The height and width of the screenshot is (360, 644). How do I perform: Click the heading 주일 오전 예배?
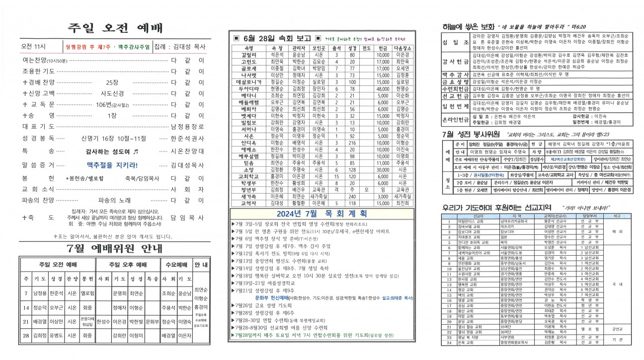point(115,28)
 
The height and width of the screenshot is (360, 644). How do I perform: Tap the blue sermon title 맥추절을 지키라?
point(112,165)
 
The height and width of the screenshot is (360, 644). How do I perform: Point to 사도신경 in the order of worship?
point(112,93)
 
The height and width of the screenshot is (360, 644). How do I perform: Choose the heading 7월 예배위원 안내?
point(115,248)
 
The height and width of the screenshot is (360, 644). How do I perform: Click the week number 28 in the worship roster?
point(25,335)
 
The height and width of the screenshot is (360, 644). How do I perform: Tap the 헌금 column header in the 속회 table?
point(383,48)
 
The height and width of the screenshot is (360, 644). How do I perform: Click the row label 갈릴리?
point(249,55)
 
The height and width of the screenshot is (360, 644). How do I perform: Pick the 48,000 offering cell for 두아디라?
point(383,88)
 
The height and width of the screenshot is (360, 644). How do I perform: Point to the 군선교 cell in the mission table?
point(618,328)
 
